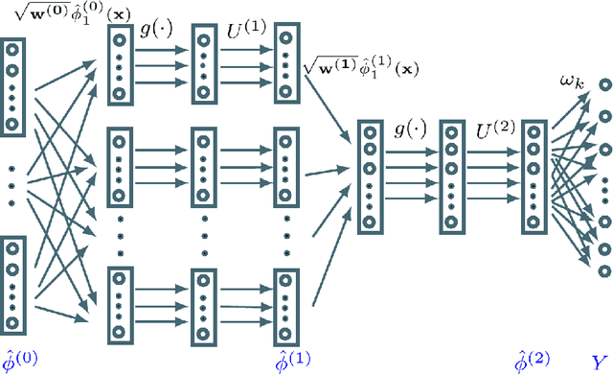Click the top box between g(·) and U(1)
[205, 63]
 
